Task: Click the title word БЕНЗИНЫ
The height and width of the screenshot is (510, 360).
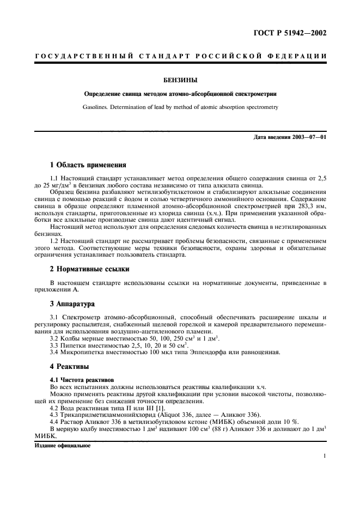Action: (x=180, y=81)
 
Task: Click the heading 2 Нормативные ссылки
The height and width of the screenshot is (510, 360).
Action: (x=89, y=269)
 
